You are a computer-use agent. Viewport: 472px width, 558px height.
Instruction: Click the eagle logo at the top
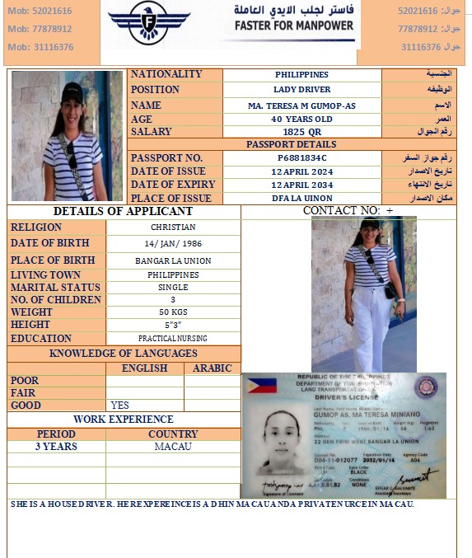pyautogui.click(x=148, y=23)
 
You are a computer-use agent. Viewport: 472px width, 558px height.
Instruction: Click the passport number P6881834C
pyautogui.click(x=301, y=157)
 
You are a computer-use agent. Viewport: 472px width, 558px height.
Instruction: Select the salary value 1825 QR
pyautogui.click(x=301, y=132)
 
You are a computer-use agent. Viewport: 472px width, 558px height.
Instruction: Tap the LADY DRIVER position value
pyautogui.click(x=301, y=89)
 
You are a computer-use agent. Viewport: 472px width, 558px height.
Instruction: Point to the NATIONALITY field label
pyautogui.click(x=166, y=74)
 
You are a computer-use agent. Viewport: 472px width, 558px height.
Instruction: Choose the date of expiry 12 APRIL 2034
pyautogui.click(x=301, y=185)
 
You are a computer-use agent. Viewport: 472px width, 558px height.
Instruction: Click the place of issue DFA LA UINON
pyautogui.click(x=301, y=198)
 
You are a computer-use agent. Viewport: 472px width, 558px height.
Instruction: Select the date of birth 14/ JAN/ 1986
pyautogui.click(x=173, y=244)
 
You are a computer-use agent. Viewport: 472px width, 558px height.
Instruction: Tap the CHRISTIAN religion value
pyautogui.click(x=173, y=227)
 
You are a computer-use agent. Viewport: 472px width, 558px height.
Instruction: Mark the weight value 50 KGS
pyautogui.click(x=173, y=312)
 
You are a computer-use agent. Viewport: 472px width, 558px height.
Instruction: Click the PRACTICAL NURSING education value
pyautogui.click(x=173, y=338)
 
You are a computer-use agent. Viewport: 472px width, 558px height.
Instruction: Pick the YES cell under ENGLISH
pyautogui.click(x=120, y=406)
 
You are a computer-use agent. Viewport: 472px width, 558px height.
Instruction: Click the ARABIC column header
pyautogui.click(x=212, y=368)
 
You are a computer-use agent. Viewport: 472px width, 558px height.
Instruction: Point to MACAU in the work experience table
pyautogui.click(x=173, y=446)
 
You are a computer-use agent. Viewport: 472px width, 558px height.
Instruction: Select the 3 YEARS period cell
pyautogui.click(x=56, y=446)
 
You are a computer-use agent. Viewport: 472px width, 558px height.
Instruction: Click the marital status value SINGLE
pyautogui.click(x=173, y=288)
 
